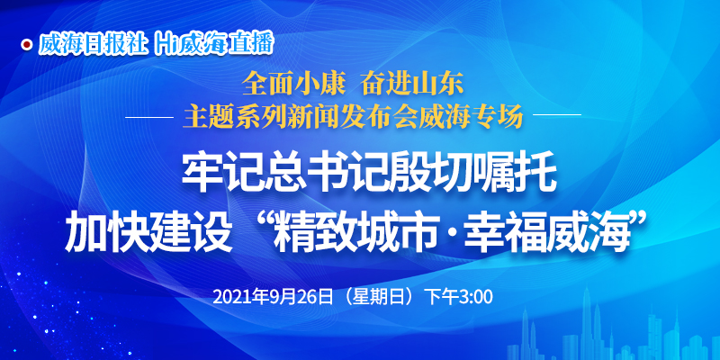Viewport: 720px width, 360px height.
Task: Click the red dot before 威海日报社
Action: [28, 44]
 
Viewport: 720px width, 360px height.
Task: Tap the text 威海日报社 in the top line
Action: [94, 44]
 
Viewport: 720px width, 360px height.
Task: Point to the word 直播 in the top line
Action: [254, 44]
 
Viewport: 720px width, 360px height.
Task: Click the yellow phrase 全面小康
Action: [292, 85]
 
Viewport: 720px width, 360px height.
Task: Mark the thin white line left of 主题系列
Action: [149, 117]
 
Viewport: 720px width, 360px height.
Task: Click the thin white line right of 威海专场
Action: [557, 114]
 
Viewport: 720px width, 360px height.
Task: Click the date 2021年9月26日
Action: [274, 297]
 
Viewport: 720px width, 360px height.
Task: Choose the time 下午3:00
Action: [460, 297]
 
